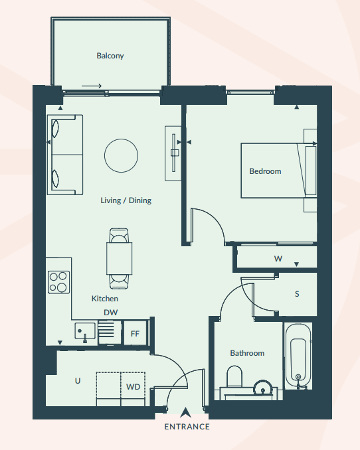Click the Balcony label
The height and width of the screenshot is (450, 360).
tap(110, 56)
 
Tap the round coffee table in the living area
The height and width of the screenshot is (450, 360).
tap(121, 155)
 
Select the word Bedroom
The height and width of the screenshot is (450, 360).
tap(265, 171)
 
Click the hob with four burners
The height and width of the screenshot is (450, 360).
tap(58, 282)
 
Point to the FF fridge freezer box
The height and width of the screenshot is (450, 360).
tap(135, 333)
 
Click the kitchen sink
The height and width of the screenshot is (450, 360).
tap(85, 331)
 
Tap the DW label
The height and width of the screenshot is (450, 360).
tap(111, 313)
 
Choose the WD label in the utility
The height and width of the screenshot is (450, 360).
tap(133, 387)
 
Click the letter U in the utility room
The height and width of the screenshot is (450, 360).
tap(78, 381)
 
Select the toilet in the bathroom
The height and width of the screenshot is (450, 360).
tap(234, 376)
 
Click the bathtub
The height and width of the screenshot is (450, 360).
tap(298, 356)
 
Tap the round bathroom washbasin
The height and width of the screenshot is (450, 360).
tap(262, 388)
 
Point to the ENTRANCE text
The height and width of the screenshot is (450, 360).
tap(187, 427)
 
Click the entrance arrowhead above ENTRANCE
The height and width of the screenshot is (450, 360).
tap(185, 412)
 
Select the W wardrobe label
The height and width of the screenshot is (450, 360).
tap(278, 259)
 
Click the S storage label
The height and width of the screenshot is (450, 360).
tap(297, 294)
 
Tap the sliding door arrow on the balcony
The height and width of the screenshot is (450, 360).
tap(92, 86)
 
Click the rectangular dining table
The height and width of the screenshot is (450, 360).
tap(120, 259)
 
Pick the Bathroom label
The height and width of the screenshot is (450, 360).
tap(247, 353)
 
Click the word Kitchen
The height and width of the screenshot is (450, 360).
tap(104, 299)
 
